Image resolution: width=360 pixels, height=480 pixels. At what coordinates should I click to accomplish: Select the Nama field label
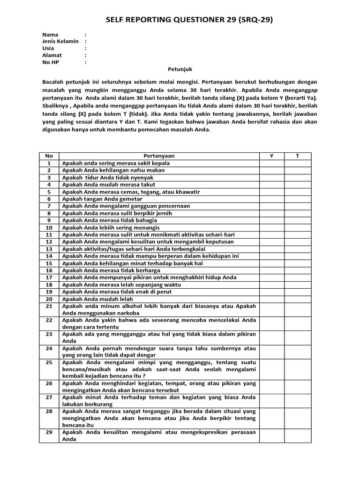(x=50, y=35)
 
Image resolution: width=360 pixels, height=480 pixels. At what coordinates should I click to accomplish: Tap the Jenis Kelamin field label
(x=60, y=41)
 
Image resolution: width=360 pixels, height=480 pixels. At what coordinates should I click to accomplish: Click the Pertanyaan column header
(x=159, y=156)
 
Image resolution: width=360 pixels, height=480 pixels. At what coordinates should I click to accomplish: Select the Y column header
(x=272, y=156)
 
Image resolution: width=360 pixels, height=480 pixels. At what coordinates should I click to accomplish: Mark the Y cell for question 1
(x=272, y=163)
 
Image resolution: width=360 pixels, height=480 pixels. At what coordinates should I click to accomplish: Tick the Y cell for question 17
(x=272, y=277)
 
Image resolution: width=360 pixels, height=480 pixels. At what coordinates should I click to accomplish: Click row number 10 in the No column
(x=49, y=227)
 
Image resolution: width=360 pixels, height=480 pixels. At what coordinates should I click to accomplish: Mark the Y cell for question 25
(x=272, y=369)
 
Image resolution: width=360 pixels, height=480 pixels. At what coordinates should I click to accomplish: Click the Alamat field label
(x=52, y=55)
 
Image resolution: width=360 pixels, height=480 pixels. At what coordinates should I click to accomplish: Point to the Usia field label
(x=48, y=48)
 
